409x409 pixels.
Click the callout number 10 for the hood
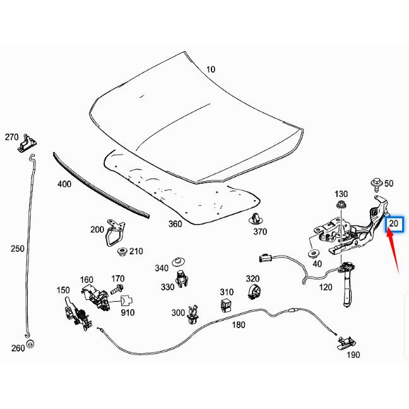click(x=211, y=69)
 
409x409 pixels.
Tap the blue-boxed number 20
click(x=394, y=224)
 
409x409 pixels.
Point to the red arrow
click(x=393, y=249)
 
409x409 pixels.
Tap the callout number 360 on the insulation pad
click(x=175, y=223)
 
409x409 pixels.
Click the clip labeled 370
click(x=255, y=219)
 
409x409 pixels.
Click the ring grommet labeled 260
click(x=30, y=345)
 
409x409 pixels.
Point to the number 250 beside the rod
click(x=18, y=249)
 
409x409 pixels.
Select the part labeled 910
click(x=127, y=302)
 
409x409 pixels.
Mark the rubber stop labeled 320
click(x=253, y=293)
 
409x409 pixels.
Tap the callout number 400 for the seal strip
click(x=64, y=184)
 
